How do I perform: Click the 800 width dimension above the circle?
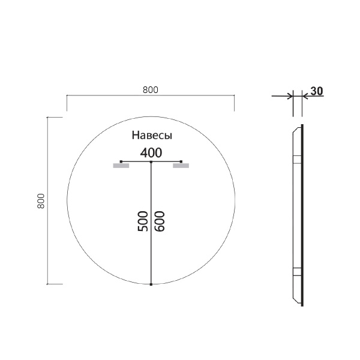coord(150,89)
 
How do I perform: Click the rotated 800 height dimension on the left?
coord(41,200)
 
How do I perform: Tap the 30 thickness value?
coord(317,91)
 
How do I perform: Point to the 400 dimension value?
coord(151,152)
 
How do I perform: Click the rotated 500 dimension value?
coord(143,221)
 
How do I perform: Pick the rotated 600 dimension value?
coord(160,221)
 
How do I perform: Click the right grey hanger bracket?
coord(181,167)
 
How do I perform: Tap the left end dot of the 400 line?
coord(121,162)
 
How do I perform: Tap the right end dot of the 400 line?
coord(181,162)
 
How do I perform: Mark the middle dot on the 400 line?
coord(151,162)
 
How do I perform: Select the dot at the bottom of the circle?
coord(151,284)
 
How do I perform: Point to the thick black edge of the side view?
coord(302,216)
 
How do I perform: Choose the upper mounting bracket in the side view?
coord(296,160)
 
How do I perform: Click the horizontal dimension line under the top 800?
coord(150,95)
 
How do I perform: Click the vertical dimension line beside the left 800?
coord(47,200)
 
